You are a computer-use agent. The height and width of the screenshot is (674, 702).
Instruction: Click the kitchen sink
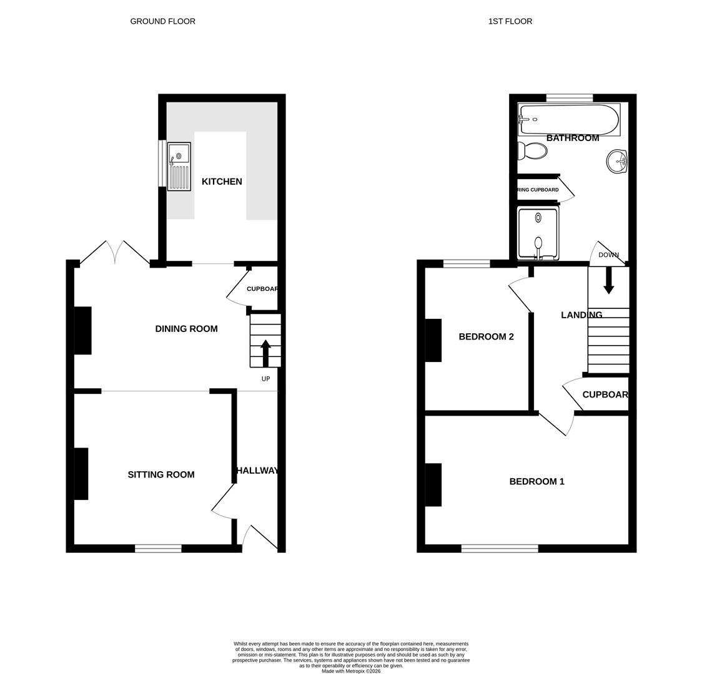[x=179, y=166]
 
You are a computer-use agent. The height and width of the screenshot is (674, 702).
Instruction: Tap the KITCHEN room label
[x=222, y=182]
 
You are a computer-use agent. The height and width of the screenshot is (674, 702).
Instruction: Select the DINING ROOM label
[x=186, y=329]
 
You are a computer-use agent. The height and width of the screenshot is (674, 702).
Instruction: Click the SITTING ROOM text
[x=161, y=475]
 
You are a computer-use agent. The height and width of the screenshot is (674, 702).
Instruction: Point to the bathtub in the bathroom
[x=568, y=119]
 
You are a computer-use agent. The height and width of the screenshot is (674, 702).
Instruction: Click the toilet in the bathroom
[x=533, y=151]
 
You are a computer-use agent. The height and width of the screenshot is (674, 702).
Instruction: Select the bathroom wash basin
[x=617, y=162]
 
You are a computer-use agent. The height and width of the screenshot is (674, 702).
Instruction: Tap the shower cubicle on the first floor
[x=538, y=233]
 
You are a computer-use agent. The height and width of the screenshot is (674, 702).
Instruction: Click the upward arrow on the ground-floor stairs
[x=265, y=353]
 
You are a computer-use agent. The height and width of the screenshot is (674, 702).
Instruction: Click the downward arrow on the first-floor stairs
[x=608, y=280]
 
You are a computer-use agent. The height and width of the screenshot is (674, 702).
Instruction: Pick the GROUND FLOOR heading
[x=162, y=21]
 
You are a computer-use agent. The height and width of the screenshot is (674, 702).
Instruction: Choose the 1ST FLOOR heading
[x=510, y=21]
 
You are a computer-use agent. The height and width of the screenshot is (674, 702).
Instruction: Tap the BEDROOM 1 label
[x=536, y=482]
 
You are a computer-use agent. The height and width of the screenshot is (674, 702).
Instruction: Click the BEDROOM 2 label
[x=486, y=337]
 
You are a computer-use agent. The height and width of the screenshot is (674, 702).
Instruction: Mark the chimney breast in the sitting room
[x=81, y=474]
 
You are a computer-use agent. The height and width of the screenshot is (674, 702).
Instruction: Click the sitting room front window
[x=158, y=549]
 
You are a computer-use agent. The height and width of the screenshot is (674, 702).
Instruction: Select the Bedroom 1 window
[x=500, y=549]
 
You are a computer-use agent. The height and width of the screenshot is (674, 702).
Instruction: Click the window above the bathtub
[x=569, y=98]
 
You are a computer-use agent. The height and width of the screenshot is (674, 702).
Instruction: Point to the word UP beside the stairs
[x=265, y=379]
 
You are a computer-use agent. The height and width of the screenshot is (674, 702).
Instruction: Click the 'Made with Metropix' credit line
[x=351, y=671]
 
